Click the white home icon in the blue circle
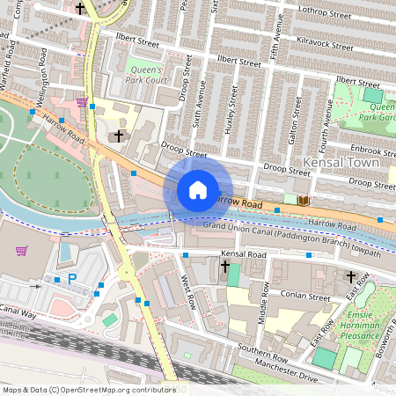[x=198, y=189]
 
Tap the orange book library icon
[x=304, y=201]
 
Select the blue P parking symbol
[x=72, y=279]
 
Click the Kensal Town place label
[x=341, y=163]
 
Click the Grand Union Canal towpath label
[x=304, y=242]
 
